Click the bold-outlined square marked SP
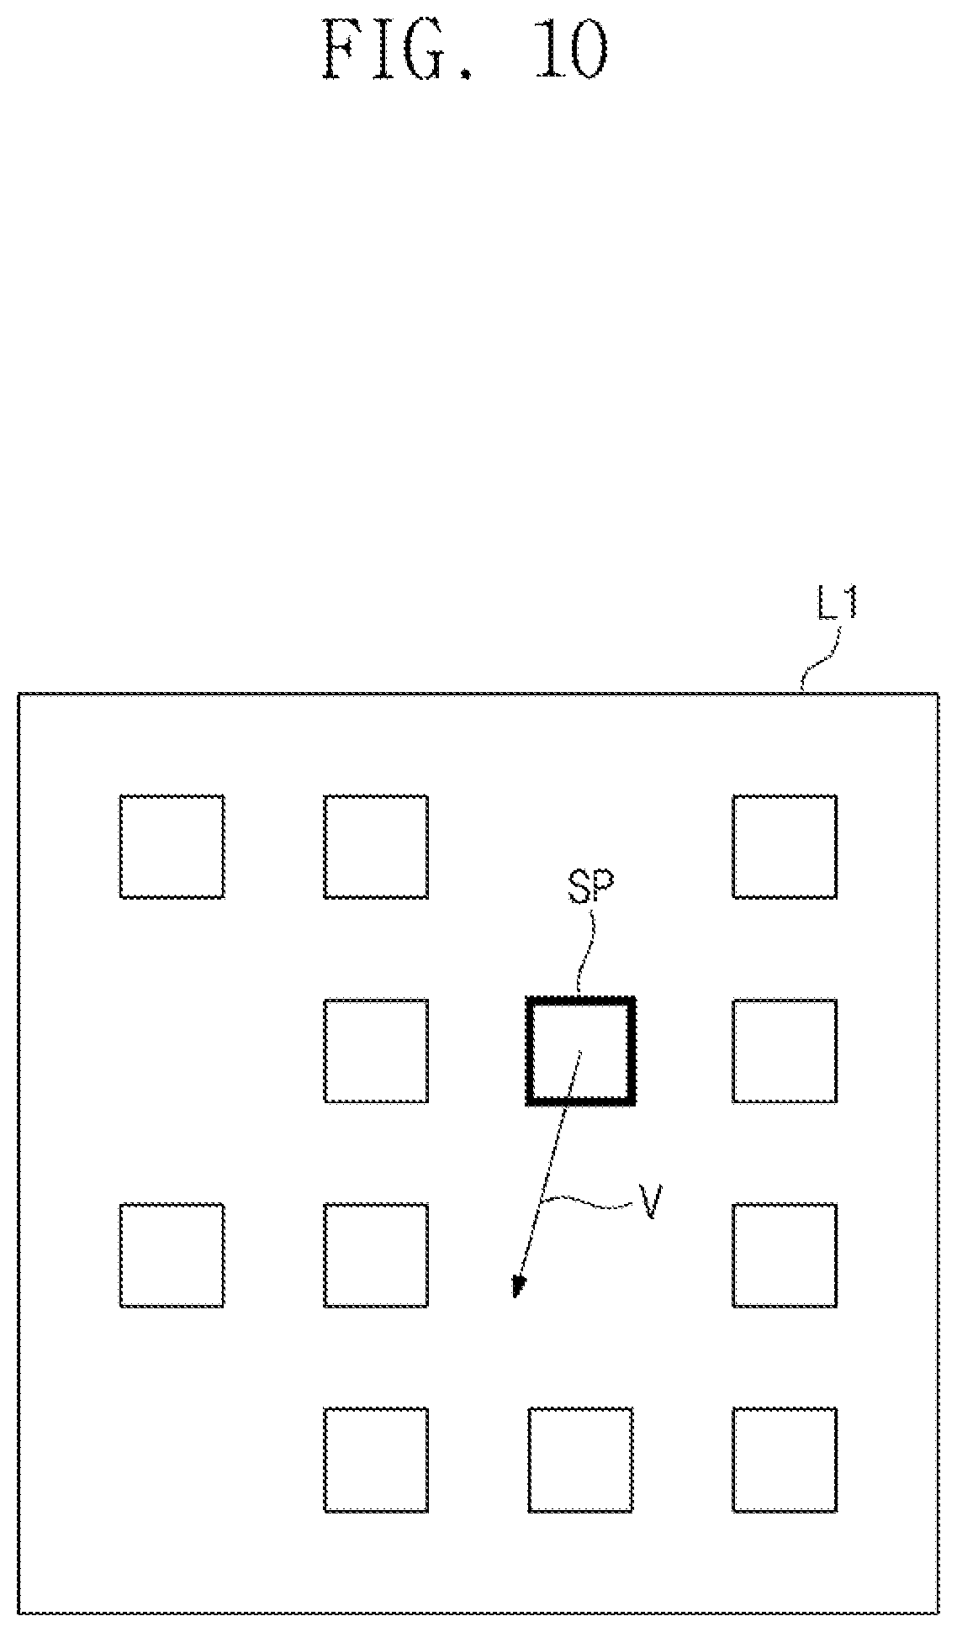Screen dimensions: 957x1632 580,1000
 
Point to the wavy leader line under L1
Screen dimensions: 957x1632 819,660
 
